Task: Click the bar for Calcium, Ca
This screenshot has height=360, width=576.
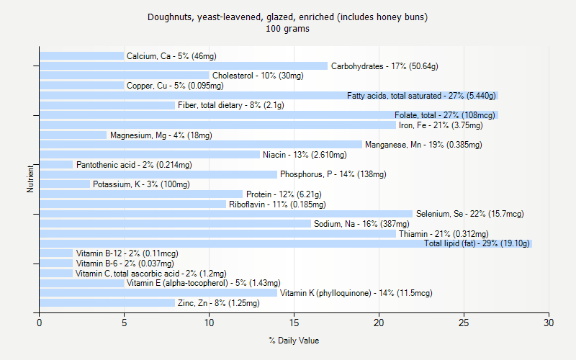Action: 81,56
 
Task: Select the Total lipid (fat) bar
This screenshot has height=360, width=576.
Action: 285,243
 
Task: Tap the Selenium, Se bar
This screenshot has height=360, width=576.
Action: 225,214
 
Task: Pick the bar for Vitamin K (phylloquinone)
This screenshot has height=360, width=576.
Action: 158,293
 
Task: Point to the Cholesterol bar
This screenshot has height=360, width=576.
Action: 124,76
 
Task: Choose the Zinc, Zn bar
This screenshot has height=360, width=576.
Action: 107,303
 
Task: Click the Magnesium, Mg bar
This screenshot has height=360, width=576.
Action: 73,135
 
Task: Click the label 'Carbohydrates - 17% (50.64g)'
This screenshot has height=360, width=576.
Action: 384,66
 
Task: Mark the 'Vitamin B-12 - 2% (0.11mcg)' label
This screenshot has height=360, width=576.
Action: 117,253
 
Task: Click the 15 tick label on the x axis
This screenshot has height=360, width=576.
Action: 294,323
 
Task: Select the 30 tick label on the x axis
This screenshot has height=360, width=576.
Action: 549,323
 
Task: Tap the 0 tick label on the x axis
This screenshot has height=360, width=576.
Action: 39,323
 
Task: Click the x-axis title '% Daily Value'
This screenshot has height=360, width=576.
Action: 294,341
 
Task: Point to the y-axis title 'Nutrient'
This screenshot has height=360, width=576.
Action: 30,179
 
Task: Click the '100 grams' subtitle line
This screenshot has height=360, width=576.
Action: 287,29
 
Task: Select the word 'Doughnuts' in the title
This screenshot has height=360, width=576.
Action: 168,17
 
